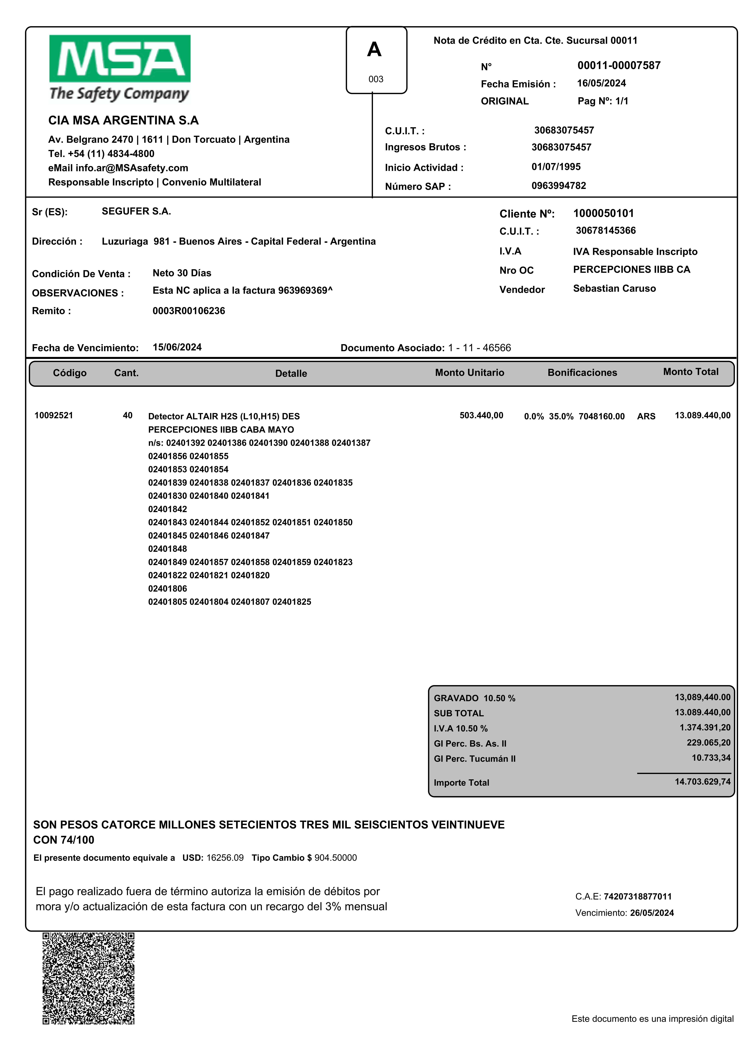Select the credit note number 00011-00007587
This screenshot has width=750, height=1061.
click(619, 66)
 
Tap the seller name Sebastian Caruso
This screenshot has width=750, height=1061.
click(614, 289)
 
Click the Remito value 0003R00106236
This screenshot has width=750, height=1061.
click(189, 311)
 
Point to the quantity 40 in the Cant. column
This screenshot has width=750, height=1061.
click(127, 415)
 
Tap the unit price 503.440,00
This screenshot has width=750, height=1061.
click(481, 415)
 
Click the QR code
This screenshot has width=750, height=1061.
click(89, 978)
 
